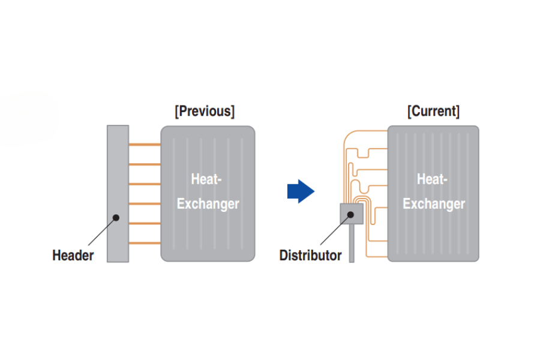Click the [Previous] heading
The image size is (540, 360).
point(205,112)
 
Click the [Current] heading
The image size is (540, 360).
point(433,112)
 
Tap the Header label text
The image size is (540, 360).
point(73,256)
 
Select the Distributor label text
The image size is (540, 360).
point(310,256)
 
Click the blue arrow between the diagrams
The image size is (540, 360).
point(301,191)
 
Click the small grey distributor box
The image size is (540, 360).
point(352,214)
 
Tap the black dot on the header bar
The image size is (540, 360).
point(116,218)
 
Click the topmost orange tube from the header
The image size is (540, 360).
point(145,145)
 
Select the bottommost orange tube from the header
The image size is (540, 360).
point(145,243)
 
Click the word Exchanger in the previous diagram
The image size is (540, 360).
point(208,204)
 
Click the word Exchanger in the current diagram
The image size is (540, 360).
point(434,204)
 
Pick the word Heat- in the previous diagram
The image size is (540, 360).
point(208,179)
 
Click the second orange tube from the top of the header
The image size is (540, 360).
point(145,164)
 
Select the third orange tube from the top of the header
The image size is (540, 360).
point(145,184)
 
